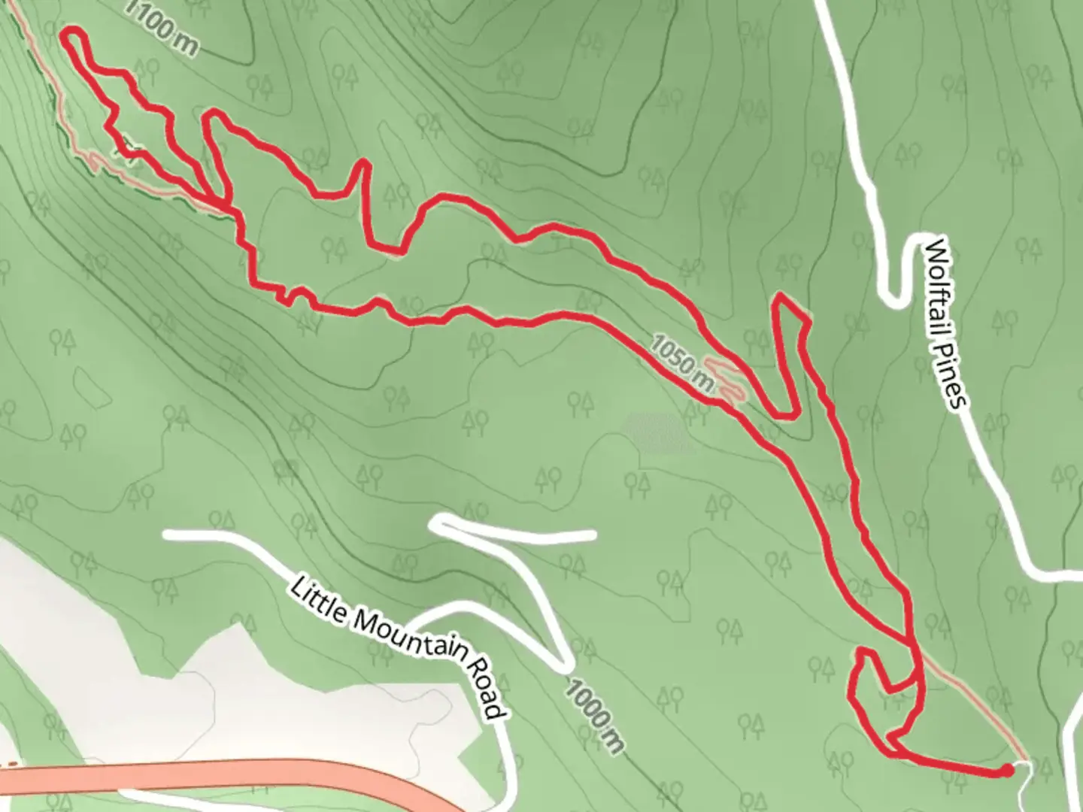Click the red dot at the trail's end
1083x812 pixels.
1006,770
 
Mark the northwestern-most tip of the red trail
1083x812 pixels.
71,32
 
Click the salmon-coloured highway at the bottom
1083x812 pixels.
226,774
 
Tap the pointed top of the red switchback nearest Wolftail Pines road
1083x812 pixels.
782,297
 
